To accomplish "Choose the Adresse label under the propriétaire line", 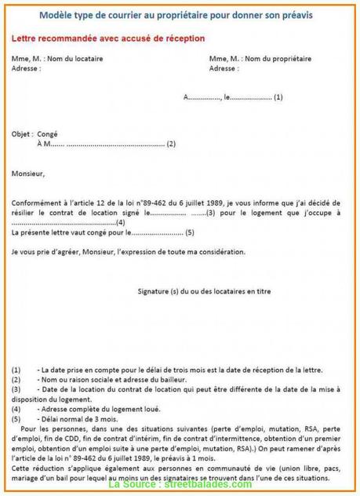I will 224,67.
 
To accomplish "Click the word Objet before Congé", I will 23,134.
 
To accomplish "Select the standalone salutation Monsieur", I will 29,173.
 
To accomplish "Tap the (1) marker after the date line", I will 278,97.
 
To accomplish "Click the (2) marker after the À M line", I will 171,144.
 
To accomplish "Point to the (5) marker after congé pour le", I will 189,232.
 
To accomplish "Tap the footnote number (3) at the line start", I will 17,388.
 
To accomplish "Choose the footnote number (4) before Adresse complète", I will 17,408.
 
